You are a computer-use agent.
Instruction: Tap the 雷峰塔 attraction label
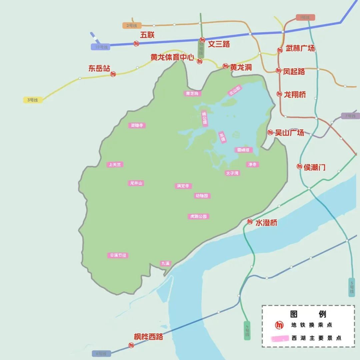pyautogui.click(x=243, y=150)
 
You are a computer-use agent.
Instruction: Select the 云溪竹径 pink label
pyautogui.click(x=117, y=255)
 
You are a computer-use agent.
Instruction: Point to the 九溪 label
pyautogui.click(x=165, y=263)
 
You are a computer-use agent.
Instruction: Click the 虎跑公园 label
pyautogui.click(x=198, y=216)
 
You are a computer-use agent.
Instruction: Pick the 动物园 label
pyautogui.click(x=202, y=196)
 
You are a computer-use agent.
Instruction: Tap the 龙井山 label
pyautogui.click(x=137, y=183)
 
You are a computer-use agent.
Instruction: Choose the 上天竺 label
pyautogui.click(x=115, y=164)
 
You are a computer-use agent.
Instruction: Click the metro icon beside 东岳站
pyautogui.click(x=113, y=74)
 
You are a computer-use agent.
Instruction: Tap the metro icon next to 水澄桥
pyautogui.click(x=250, y=221)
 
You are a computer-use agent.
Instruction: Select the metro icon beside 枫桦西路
pyautogui.click(x=131, y=345)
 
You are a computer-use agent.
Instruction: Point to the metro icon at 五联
pyautogui.click(x=136, y=43)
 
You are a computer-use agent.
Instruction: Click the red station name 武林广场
pyautogui.click(x=300, y=48)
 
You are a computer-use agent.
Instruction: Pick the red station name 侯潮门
pyautogui.click(x=314, y=167)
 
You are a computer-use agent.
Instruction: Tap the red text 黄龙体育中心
pyautogui.click(x=172, y=57)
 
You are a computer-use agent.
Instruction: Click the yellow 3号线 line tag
pyautogui.click(x=33, y=100)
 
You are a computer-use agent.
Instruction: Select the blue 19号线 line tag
pyautogui.click(x=100, y=47)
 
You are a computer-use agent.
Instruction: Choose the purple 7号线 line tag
pyautogui.click(x=350, y=116)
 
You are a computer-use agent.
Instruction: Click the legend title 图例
pyautogui.click(x=308, y=314)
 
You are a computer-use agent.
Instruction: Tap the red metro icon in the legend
pyautogui.click(x=279, y=325)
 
